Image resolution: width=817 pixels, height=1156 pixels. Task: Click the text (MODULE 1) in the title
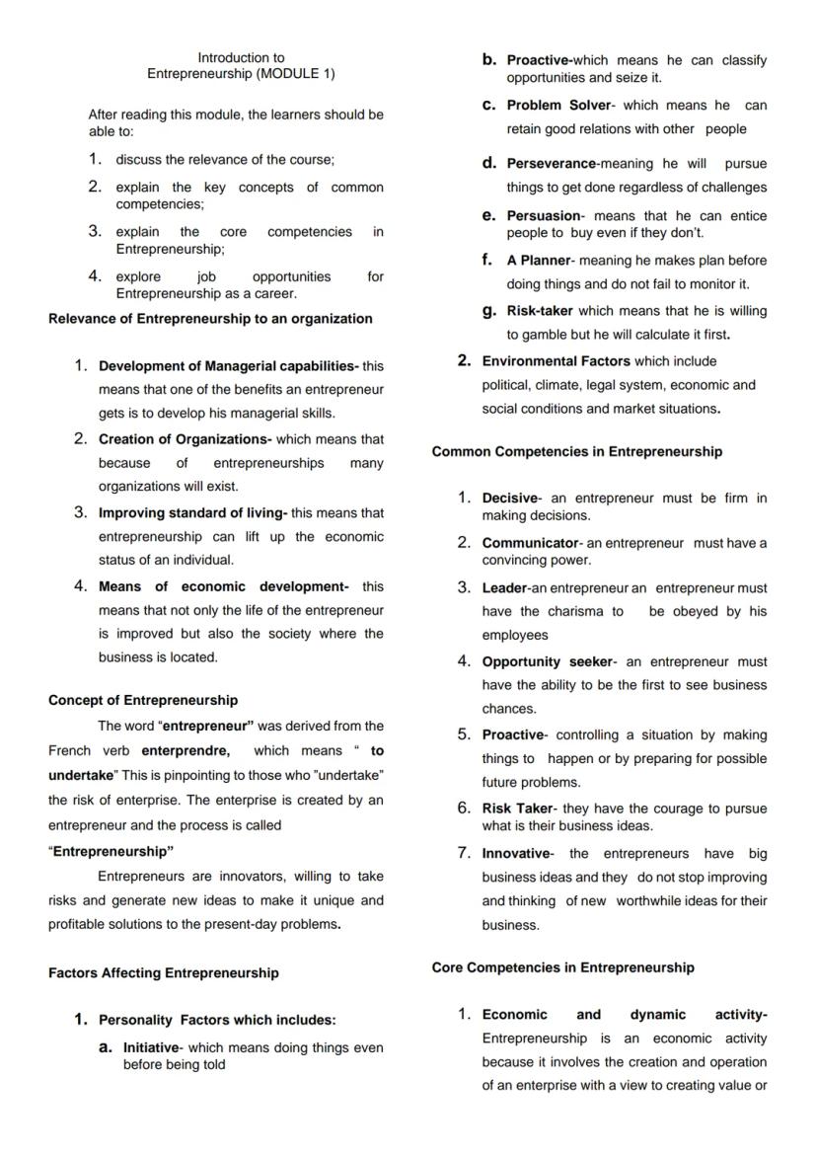tap(295, 74)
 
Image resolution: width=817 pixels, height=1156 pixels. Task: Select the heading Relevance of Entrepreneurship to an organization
tap(210, 319)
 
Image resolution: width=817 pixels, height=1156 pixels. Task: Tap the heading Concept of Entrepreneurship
tap(143, 700)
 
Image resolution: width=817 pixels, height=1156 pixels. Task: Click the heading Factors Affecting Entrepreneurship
tap(163, 973)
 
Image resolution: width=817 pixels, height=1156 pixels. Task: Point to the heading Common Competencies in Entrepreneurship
tap(576, 452)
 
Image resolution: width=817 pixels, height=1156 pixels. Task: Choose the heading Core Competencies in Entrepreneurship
tap(562, 967)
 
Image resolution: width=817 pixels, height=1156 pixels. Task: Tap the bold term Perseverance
tap(551, 164)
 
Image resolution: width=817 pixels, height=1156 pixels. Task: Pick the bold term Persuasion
tap(544, 216)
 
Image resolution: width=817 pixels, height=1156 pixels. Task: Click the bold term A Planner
tap(539, 261)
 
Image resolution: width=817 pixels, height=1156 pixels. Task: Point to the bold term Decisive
tap(509, 499)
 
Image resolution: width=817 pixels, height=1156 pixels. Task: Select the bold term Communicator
tap(530, 543)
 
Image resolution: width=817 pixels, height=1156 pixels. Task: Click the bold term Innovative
tap(515, 853)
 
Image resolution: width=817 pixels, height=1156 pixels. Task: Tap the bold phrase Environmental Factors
tap(556, 361)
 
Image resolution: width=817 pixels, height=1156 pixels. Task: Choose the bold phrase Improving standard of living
tap(191, 513)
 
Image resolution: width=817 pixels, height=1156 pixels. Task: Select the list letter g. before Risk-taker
tap(488, 310)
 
